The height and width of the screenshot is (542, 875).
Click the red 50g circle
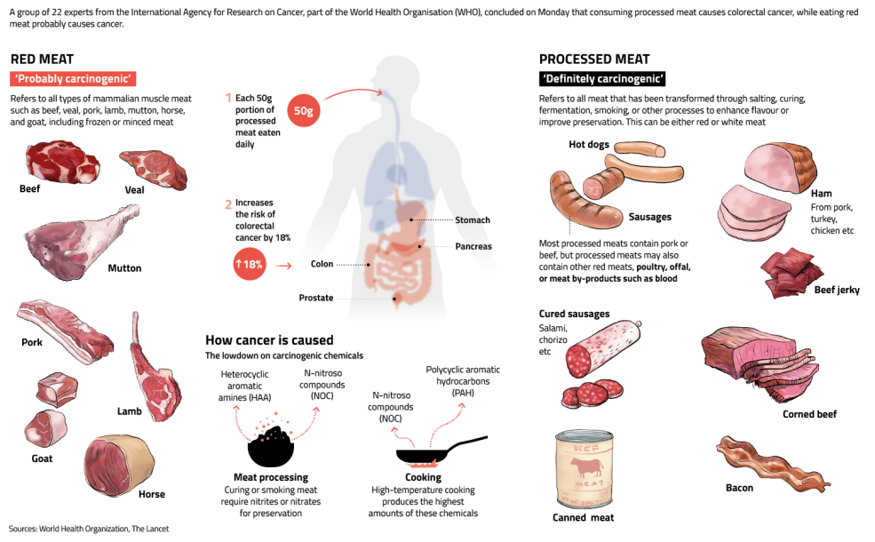coord(304,110)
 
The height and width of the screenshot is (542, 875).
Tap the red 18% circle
coord(250,265)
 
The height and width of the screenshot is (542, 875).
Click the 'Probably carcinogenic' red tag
coord(74,78)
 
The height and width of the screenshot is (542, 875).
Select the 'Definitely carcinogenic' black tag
coord(603,78)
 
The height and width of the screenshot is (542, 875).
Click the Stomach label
coord(472,220)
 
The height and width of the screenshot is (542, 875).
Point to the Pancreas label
coord(473,246)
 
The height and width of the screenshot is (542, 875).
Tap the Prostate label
coord(316,298)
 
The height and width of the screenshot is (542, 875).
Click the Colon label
coord(322,264)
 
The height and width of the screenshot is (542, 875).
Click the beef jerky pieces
coord(791,271)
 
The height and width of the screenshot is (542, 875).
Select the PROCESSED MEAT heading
coord(594,59)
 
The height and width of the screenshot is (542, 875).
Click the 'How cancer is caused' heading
coord(269,339)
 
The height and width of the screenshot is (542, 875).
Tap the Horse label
coord(151,494)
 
